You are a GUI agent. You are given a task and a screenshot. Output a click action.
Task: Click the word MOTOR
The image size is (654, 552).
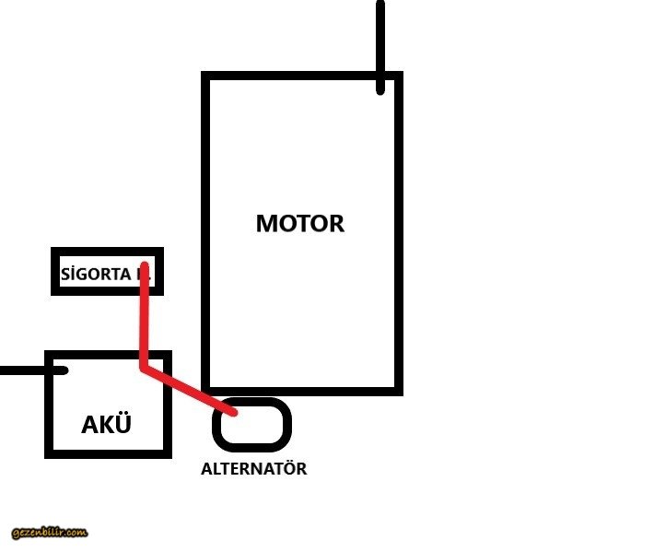pyautogui.click(x=299, y=223)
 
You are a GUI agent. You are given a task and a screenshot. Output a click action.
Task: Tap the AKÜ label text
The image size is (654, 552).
pyautogui.click(x=106, y=425)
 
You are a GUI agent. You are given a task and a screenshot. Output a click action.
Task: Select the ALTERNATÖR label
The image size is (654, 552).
pyautogui.click(x=253, y=469)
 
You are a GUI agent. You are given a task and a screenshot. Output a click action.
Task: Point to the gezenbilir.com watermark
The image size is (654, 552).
pyautogui.click(x=50, y=533)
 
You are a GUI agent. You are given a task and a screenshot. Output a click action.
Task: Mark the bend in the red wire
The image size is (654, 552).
pyautogui.click(x=144, y=366)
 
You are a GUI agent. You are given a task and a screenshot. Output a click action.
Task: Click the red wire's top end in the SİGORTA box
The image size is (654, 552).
pyautogui.click(x=144, y=266)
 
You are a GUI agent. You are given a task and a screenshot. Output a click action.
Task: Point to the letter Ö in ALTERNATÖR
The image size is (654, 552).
pyautogui.click(x=286, y=468)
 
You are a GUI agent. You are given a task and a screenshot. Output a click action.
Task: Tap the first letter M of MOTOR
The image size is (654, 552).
pyautogui.click(x=267, y=223)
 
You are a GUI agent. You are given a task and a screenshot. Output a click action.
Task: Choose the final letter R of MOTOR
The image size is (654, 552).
pyautogui.click(x=335, y=223)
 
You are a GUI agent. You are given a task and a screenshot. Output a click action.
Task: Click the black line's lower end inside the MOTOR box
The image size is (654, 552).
pyautogui.click(x=380, y=90)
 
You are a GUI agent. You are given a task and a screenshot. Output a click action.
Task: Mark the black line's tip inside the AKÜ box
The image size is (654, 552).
pyautogui.click(x=64, y=370)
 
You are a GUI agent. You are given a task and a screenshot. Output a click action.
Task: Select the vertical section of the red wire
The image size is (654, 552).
pyautogui.click(x=144, y=318)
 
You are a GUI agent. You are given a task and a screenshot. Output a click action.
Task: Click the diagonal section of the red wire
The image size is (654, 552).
pyautogui.click(x=189, y=388)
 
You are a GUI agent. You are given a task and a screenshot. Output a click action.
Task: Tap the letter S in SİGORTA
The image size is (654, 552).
pyautogui.click(x=65, y=274)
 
